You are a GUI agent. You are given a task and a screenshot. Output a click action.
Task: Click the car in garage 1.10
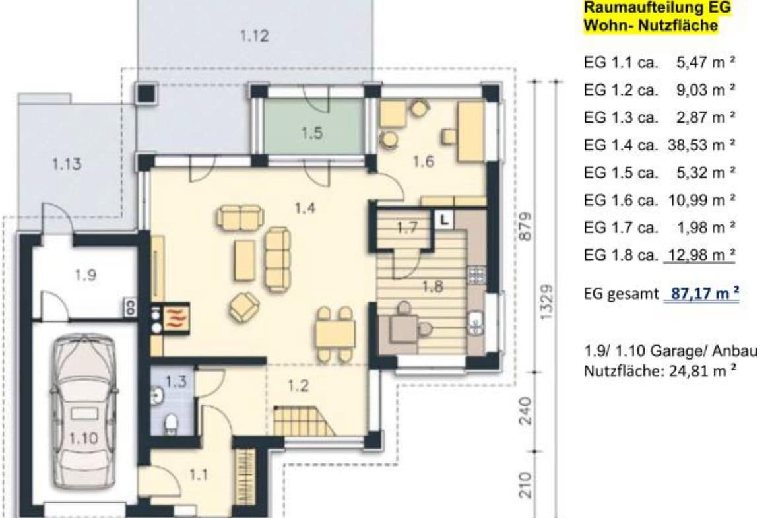click(84, 412)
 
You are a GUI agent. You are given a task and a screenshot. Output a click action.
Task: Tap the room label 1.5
click(312, 133)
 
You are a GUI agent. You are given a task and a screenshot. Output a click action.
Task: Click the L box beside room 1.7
click(444, 220)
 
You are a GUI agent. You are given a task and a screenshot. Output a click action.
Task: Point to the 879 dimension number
click(526, 226)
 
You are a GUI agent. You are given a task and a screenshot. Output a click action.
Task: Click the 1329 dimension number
click(546, 302)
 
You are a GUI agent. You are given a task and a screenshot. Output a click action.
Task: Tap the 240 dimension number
click(526, 410)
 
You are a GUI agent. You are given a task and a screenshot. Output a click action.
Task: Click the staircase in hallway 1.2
click(303, 421)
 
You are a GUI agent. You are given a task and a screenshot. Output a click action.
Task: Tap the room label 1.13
click(67, 164)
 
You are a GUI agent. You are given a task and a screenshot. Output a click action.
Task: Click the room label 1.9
click(86, 275)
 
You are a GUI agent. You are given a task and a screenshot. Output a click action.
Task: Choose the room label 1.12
click(255, 36)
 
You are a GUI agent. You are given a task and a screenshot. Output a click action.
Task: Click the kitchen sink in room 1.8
click(476, 323)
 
